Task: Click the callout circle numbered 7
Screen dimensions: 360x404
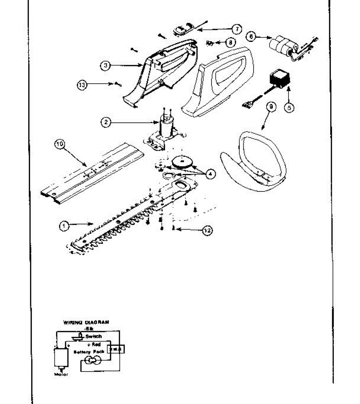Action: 237,29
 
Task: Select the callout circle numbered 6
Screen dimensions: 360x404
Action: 251,36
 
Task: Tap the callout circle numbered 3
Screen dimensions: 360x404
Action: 106,66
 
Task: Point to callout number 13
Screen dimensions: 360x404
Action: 82,85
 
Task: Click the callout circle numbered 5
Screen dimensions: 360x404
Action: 289,107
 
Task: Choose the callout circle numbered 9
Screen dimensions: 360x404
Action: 271,107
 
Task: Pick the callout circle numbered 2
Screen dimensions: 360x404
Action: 106,123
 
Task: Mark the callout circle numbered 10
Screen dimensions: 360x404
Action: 59,145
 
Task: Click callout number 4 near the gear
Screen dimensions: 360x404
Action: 210,174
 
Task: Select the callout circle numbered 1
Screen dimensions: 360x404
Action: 64,226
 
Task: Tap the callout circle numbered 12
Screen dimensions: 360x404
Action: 207,230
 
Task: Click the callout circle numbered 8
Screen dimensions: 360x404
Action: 230,43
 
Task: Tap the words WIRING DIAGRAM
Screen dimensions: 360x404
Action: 86,322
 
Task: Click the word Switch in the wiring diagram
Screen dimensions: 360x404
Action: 93,336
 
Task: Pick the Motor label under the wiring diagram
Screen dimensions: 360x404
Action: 61,375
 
